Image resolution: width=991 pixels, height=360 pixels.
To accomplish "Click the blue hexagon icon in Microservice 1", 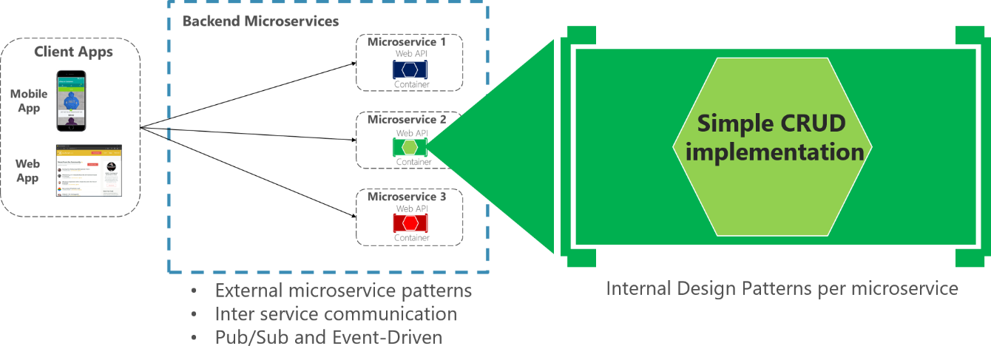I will (x=411, y=70).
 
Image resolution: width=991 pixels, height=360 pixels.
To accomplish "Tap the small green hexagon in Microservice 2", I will (x=410, y=147).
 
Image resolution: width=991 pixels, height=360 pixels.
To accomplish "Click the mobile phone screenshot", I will (x=71, y=102).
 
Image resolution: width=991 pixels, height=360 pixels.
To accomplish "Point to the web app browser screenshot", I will (x=88, y=170).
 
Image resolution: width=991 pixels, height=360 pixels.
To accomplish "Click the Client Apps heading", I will (x=73, y=52).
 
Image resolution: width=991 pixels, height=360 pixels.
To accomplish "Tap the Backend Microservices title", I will (x=260, y=21).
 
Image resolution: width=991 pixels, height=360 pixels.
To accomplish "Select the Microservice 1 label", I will (x=407, y=42).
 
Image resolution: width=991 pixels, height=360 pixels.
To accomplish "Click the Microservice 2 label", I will (x=407, y=119).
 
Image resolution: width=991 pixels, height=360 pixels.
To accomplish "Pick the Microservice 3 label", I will (x=407, y=197).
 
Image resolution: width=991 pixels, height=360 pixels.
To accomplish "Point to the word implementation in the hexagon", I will (x=774, y=152).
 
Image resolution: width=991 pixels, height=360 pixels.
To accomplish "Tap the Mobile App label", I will (x=29, y=101).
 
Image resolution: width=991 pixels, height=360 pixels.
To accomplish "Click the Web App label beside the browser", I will (x=29, y=170).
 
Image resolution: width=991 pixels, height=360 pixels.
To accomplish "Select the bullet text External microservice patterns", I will (x=343, y=291).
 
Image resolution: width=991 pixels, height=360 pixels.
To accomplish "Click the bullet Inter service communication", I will (x=336, y=313).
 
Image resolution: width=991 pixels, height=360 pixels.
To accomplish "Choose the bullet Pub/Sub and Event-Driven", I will (x=328, y=337).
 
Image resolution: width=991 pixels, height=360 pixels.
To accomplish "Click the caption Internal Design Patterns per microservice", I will (x=782, y=288).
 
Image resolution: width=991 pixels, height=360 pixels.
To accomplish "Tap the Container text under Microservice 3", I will (x=412, y=238).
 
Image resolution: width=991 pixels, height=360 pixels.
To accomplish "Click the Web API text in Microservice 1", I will (x=412, y=53).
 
